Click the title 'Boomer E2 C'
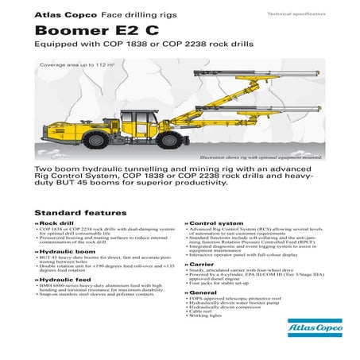[90, 30]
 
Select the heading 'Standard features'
[80, 213]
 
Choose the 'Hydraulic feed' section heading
[63, 280]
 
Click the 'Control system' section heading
[217, 224]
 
